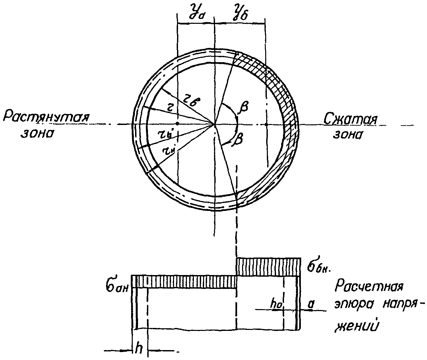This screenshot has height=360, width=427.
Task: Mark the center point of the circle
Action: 215,125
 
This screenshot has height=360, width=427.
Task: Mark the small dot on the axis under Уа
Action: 178,124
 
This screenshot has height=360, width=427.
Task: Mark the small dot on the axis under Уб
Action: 266,124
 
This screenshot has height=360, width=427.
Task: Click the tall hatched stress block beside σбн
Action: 268,267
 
